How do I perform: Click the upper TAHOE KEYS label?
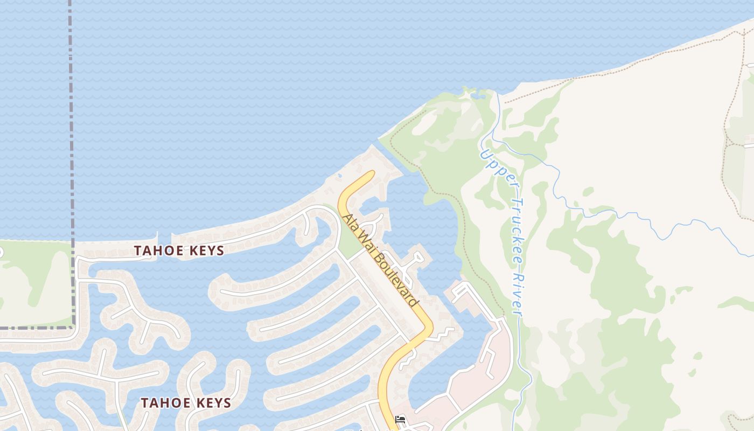[x=179, y=251]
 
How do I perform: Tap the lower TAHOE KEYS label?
[x=186, y=403]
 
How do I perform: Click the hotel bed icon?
[x=400, y=419]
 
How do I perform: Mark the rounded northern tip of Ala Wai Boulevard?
[x=371, y=173]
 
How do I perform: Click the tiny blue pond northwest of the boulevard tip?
[x=339, y=176]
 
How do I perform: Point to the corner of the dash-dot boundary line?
[x=73, y=326]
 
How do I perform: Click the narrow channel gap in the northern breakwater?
[x=164, y=238]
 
